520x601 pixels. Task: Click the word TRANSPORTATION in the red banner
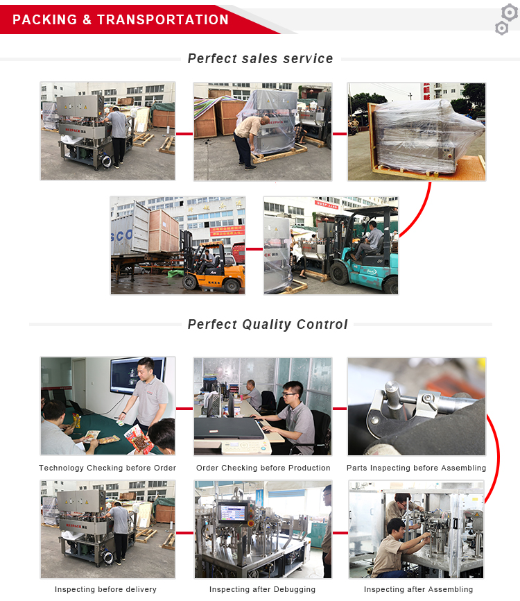point(163,19)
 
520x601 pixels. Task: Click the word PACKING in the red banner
point(45,19)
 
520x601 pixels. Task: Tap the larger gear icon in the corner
point(510,12)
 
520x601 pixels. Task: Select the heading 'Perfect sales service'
point(261,59)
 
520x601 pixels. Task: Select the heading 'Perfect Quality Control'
point(268,324)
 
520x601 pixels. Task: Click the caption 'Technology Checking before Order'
point(107,468)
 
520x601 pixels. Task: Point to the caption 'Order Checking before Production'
point(263,468)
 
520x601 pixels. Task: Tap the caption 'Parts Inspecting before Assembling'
point(416,468)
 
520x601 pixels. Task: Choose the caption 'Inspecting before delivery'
point(105,589)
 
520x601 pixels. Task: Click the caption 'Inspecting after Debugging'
point(262,589)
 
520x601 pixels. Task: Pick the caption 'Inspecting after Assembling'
point(418,589)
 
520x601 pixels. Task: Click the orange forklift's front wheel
point(190,282)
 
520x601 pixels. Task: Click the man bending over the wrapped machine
point(250,142)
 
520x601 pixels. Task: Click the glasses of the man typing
point(290,394)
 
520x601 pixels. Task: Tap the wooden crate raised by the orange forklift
point(164,231)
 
